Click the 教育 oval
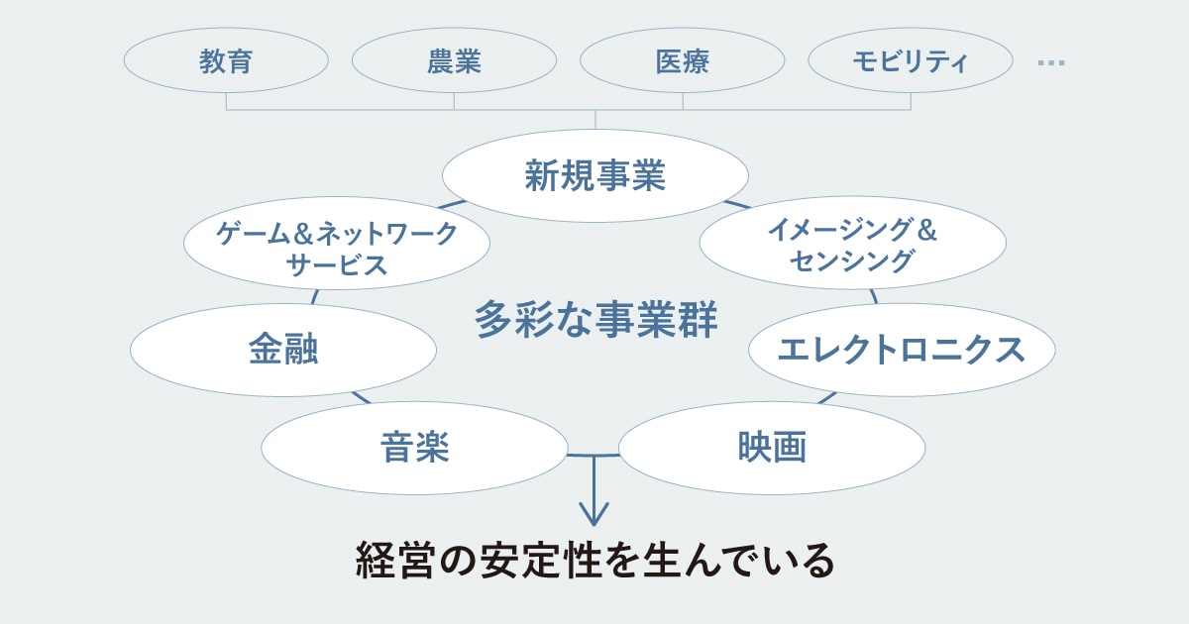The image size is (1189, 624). point(226,61)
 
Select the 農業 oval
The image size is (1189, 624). point(454,61)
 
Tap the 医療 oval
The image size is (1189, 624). point(682,61)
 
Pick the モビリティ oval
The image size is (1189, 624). point(910,61)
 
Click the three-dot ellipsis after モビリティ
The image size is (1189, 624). point(1050,62)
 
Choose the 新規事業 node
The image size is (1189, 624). point(594,175)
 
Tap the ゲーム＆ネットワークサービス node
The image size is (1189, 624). point(337,249)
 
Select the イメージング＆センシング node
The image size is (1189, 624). point(852,245)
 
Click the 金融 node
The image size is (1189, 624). point(283,350)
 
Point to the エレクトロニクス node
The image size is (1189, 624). point(901,350)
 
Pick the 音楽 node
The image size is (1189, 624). point(414,448)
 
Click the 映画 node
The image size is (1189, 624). point(772,448)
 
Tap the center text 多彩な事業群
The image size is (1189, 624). point(595,320)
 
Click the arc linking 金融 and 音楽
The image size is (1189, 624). point(360,398)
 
